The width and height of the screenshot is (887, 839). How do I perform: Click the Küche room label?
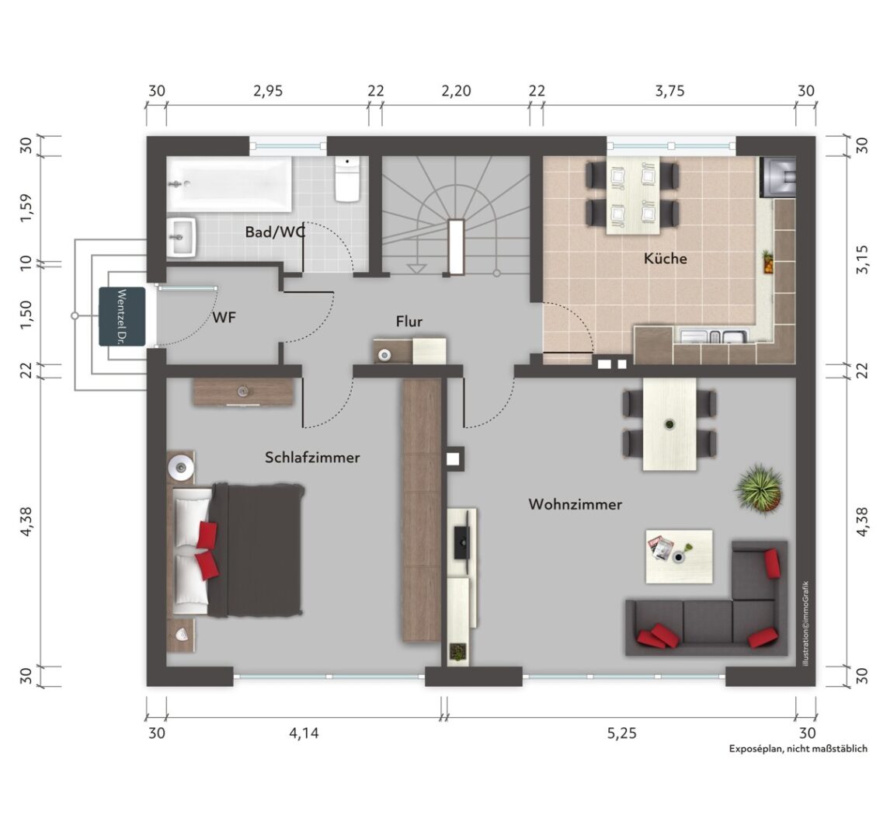coord(665,259)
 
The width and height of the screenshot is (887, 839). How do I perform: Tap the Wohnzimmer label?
coord(576,504)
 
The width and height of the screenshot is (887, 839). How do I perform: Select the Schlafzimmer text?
coord(312,457)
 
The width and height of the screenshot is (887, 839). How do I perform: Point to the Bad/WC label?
coord(276,232)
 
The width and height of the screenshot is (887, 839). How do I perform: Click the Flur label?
coord(409,322)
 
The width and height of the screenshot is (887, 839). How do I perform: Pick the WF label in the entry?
coord(224,318)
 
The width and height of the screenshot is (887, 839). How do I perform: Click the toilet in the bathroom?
coord(347,179)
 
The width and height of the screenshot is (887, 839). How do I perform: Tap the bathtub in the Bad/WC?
coord(230,184)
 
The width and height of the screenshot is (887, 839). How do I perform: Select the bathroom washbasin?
coord(182,238)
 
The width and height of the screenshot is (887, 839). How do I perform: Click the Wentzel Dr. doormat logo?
coord(122,316)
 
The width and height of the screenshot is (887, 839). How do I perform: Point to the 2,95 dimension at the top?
coord(268,91)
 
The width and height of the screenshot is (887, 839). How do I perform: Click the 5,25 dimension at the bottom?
coord(621,733)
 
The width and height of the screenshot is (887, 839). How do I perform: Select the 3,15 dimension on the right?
coord(861,259)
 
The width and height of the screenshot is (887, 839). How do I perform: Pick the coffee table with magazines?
coord(680,556)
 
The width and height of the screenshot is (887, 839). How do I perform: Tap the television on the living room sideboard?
coord(461,542)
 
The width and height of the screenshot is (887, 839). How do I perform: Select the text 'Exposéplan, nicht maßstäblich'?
coord(798,749)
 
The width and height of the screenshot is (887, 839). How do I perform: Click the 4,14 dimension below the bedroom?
coord(304,733)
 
